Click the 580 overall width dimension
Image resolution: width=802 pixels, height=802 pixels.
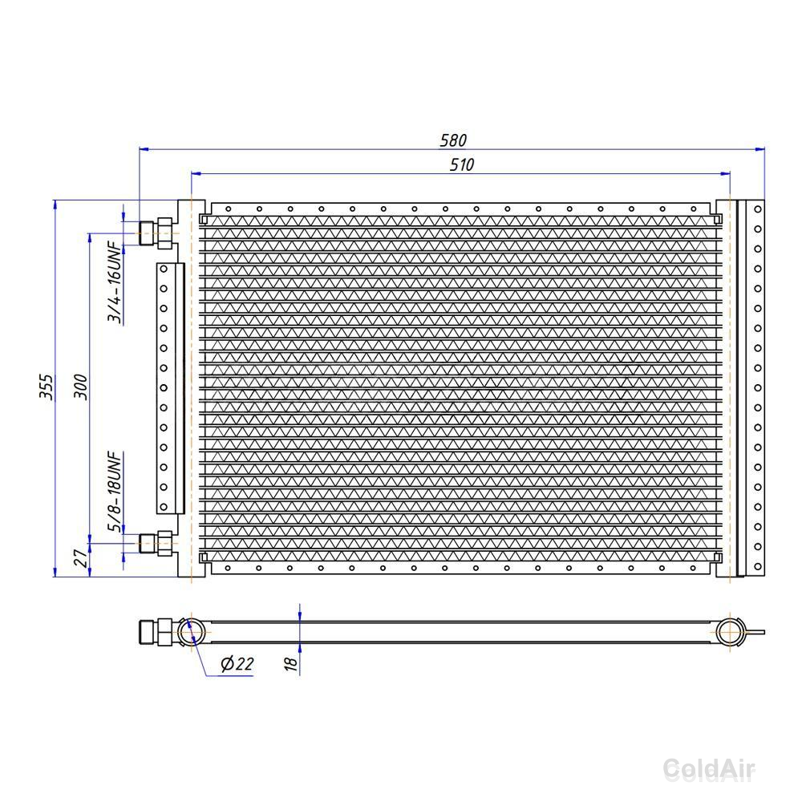tap(453, 140)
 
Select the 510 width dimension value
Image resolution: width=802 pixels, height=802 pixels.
tap(462, 164)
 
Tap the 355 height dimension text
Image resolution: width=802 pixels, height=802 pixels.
tap(46, 387)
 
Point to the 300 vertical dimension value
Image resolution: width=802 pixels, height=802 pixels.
tap(80, 387)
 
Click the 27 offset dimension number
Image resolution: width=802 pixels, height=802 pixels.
tap(80, 558)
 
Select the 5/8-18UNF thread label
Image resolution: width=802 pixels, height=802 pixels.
tap(115, 492)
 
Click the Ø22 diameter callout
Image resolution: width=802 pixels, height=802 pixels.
tap(237, 664)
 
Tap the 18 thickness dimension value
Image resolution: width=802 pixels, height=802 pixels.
tap(290, 663)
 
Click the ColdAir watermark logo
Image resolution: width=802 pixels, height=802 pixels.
tap(709, 769)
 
